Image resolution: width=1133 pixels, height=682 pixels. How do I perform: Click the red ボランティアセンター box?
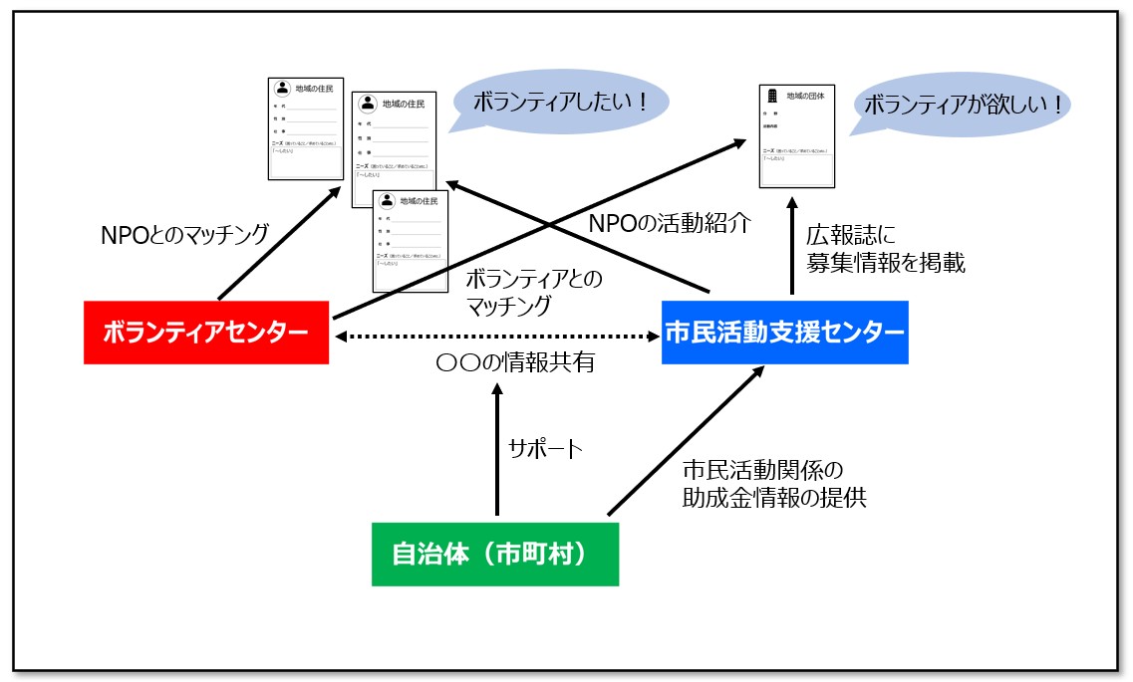205,333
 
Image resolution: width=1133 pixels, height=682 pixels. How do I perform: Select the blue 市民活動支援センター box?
785,333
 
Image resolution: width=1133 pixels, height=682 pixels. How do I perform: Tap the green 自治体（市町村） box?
494,554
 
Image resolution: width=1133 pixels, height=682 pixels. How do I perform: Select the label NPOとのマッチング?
185,235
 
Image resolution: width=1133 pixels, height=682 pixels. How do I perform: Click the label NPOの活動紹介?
655,223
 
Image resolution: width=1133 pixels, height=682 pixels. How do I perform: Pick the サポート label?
545,448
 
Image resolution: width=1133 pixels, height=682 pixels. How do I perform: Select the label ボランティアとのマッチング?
533,290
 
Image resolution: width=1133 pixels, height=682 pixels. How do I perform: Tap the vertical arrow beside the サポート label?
495,448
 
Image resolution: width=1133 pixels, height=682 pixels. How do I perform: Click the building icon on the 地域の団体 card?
770,97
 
